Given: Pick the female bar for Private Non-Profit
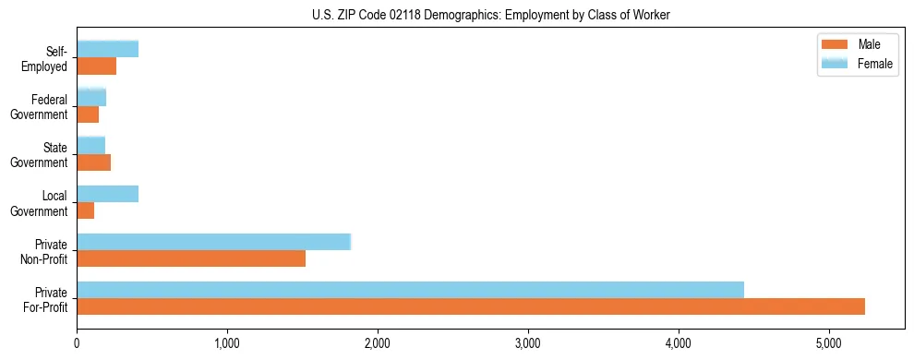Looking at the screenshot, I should [x=213, y=242].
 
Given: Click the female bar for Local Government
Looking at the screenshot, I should [x=107, y=194].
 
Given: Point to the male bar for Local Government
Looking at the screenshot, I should [x=85, y=210].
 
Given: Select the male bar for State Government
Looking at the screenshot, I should [x=93, y=162].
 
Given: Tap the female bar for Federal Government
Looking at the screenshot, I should [x=91, y=98].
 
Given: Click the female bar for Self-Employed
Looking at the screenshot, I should [x=107, y=50].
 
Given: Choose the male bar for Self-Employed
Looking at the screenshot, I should [x=96, y=66].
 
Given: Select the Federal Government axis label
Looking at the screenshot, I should [x=40, y=106].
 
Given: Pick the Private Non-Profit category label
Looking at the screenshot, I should [x=47, y=250].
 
